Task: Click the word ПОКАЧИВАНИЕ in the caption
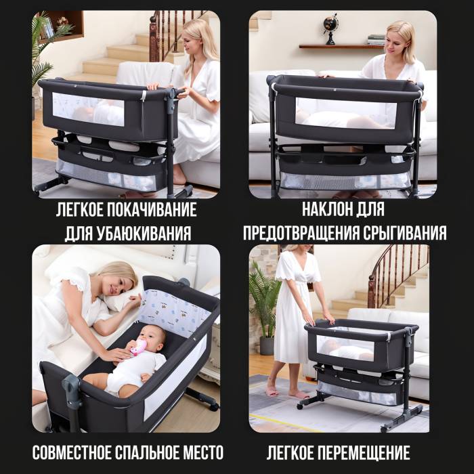[152, 209]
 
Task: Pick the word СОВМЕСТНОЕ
[72, 452]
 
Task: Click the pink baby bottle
[138, 347]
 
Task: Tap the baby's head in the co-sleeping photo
[152, 338]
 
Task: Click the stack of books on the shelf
[376, 39]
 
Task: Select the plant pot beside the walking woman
[267, 345]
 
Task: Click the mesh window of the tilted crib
[346, 112]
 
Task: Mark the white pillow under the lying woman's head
[121, 298]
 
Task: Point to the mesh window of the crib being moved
[345, 348]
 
